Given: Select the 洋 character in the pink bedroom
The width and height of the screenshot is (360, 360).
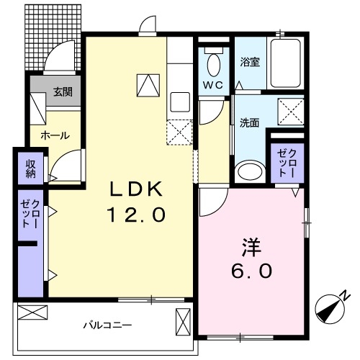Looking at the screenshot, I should pos(250,247).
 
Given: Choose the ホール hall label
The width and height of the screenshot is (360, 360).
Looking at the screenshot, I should pos(55,135).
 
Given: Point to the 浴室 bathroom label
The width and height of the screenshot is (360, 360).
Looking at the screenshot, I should pos(249,62).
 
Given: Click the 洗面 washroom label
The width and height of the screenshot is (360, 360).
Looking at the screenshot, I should pos(248,122).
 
